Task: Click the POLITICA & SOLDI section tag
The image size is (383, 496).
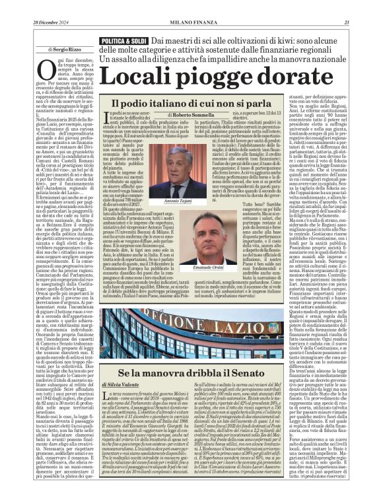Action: click(122, 41)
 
